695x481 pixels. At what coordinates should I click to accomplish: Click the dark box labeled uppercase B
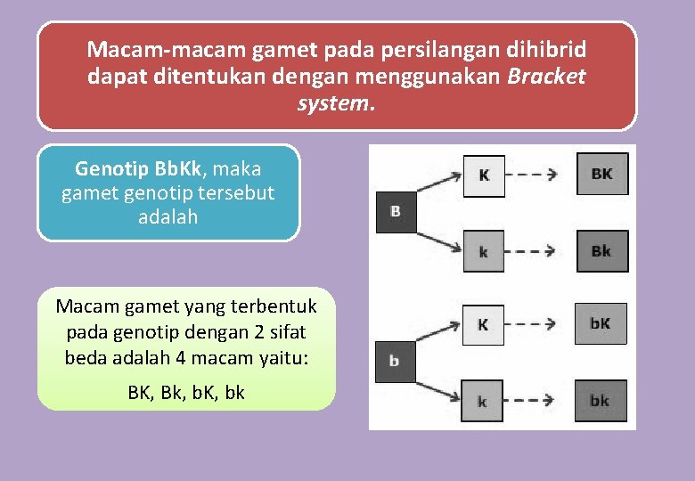(x=396, y=212)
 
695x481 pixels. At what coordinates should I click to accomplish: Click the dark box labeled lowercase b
(x=396, y=362)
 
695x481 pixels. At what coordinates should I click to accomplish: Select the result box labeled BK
(x=601, y=174)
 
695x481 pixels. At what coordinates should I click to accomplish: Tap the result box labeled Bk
(x=601, y=251)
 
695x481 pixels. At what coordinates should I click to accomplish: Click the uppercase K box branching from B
(x=484, y=175)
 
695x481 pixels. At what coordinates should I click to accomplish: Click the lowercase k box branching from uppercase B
(x=484, y=251)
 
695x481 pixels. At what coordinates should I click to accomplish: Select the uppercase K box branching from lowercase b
(x=482, y=324)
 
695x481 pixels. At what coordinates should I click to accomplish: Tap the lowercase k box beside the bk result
(x=482, y=401)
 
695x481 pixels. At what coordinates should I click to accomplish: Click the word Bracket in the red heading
(x=546, y=76)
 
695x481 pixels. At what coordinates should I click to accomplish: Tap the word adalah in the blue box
(x=168, y=216)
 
